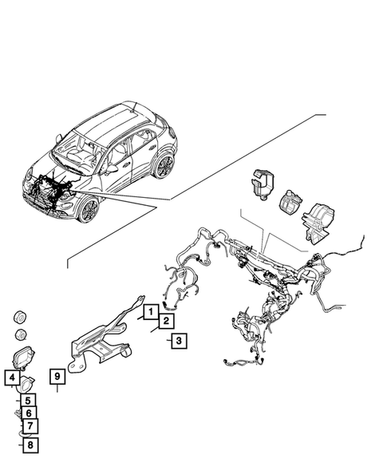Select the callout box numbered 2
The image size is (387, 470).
coord(164,321)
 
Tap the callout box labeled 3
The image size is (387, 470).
coord(179,341)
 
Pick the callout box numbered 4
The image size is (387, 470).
coord(14,378)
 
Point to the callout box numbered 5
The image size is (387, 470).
coord(27,401)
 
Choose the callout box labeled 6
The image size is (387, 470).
coord(28,413)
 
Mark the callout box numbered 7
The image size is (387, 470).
coord(28,427)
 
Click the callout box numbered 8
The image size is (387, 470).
coord(29,445)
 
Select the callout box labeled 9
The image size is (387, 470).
coord(57,375)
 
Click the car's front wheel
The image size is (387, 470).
coord(89,211)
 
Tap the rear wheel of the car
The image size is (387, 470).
coord(164,166)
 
